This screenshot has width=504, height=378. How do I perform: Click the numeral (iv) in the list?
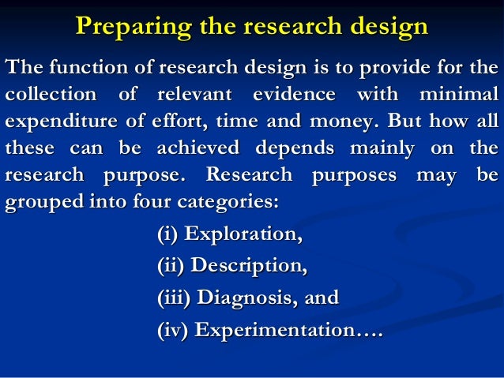click(168, 330)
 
